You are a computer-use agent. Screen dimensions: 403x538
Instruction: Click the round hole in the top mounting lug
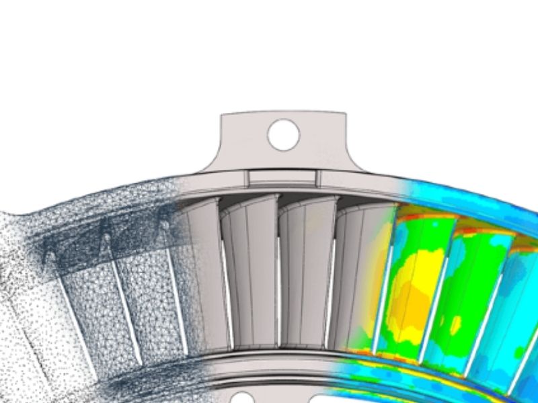[x=283, y=134]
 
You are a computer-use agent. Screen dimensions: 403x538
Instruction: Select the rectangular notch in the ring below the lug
[x=282, y=177]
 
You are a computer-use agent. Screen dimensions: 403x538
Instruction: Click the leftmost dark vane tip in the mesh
[x=48, y=256]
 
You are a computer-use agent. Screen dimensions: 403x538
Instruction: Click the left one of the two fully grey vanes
[x=249, y=269]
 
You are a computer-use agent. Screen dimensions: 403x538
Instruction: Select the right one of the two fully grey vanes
[x=306, y=269]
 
